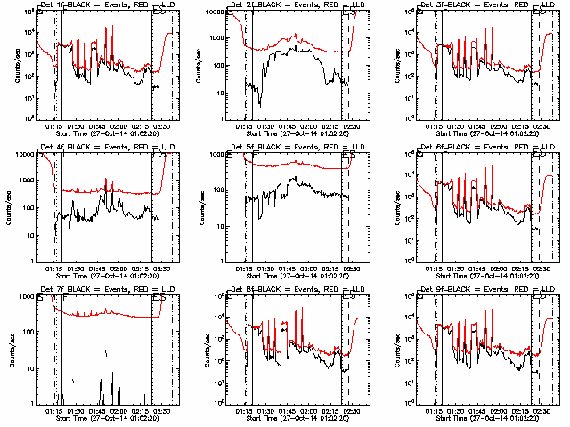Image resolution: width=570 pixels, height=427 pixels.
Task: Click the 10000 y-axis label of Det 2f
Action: click(213, 12)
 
